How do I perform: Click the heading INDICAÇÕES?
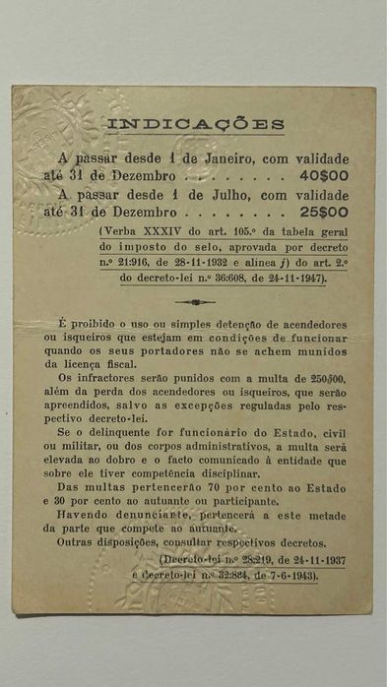tap(195, 125)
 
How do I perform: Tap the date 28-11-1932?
tap(216, 263)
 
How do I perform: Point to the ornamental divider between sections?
tap(194, 302)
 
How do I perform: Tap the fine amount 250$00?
tap(324, 376)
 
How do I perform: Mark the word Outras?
tap(79, 542)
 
